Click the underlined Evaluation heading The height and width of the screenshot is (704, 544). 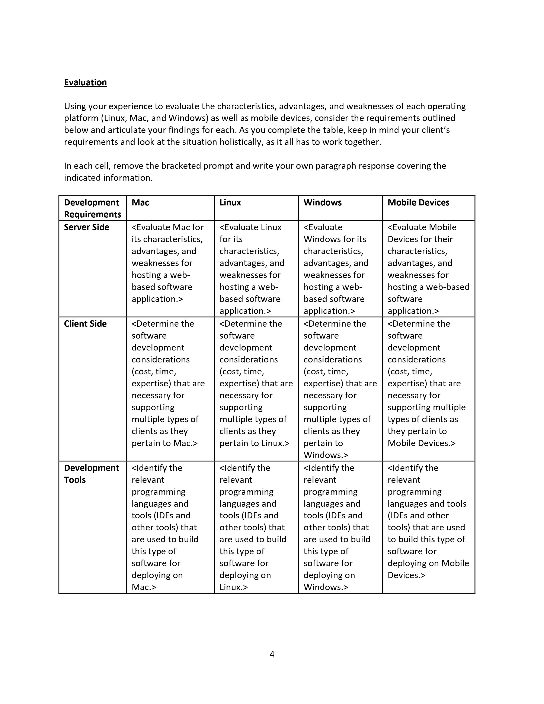(85, 83)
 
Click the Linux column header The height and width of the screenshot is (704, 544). (230, 202)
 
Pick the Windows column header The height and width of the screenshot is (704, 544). (322, 202)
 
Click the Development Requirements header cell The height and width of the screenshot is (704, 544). (92, 208)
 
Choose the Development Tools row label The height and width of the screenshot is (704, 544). (91, 474)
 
